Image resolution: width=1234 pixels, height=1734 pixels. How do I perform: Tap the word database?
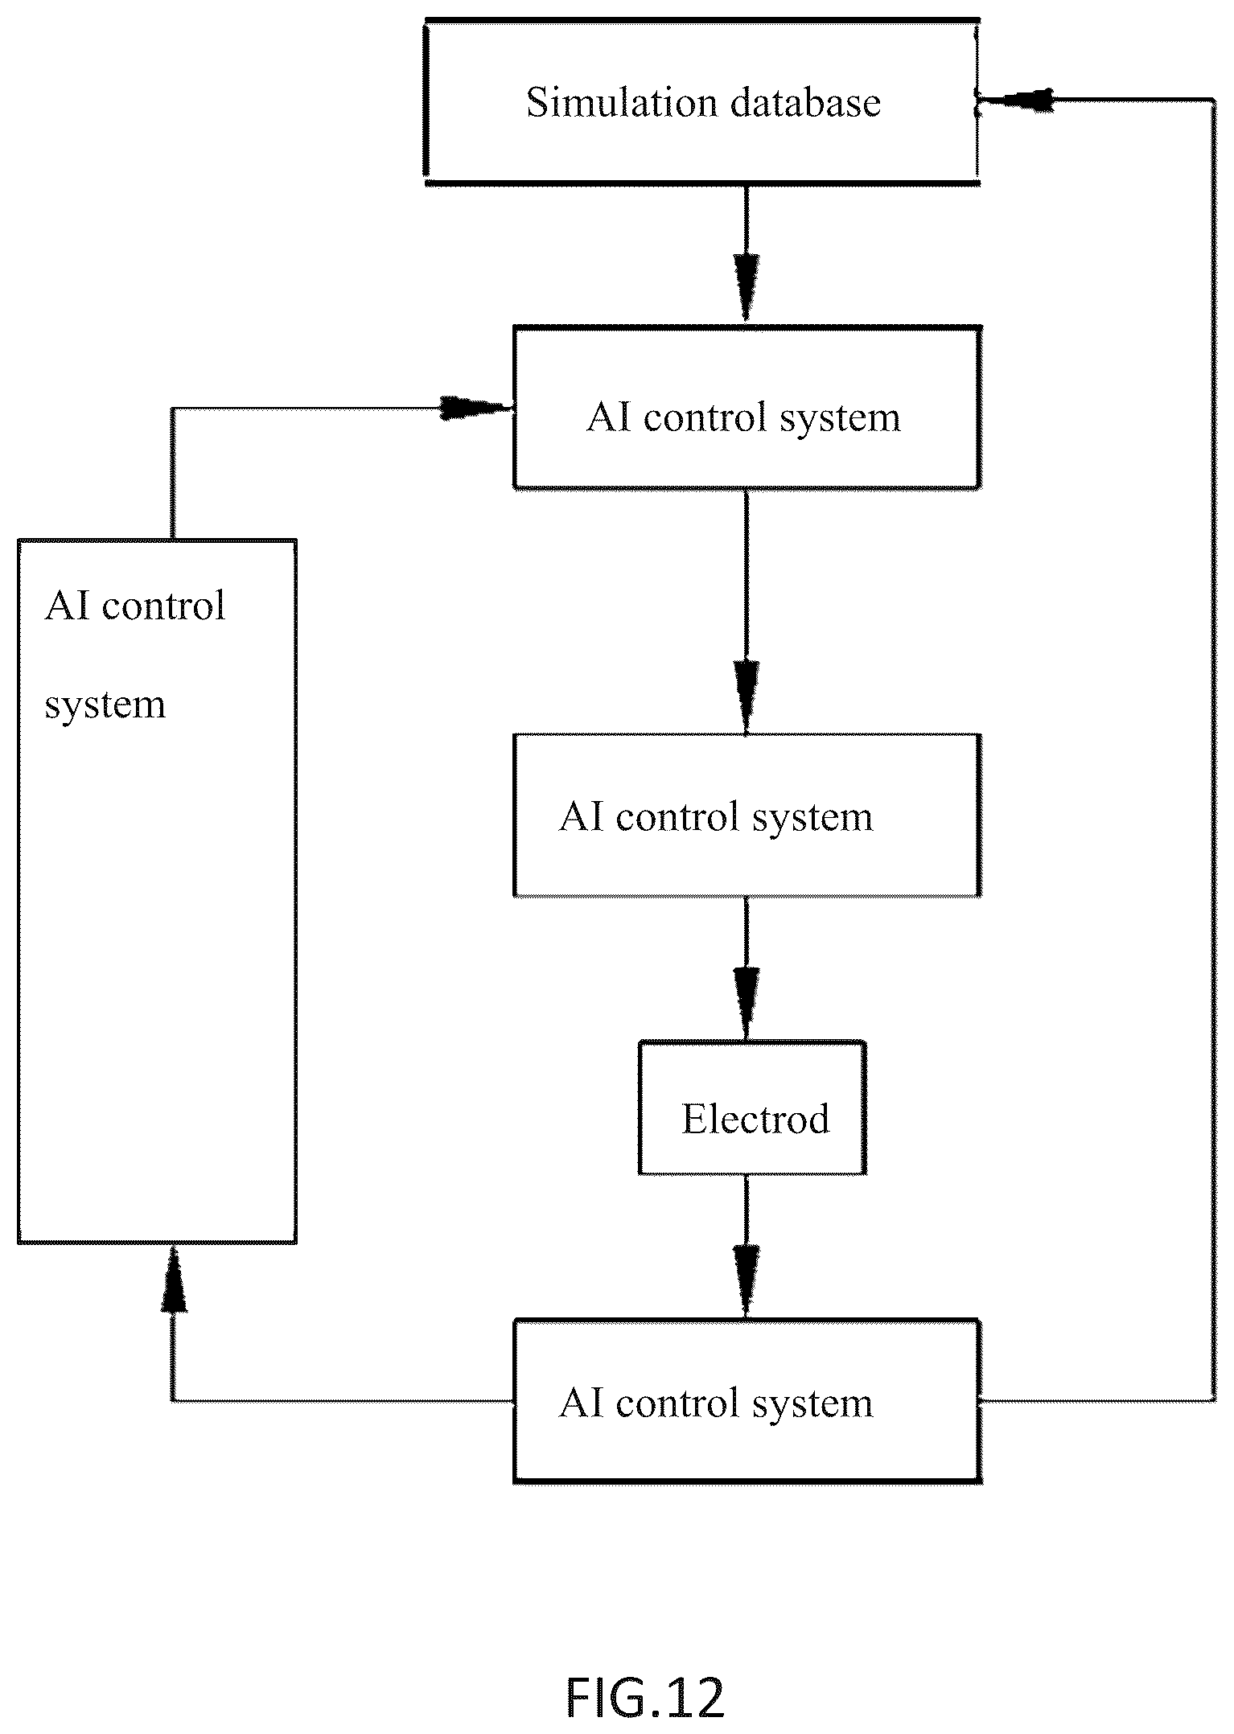click(806, 103)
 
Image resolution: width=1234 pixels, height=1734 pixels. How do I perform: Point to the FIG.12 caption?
click(645, 1698)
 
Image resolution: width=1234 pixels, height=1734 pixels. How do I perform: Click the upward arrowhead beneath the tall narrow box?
click(174, 1279)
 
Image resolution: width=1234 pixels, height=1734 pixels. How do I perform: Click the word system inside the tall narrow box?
click(105, 705)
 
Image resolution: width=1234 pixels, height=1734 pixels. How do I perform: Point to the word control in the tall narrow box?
click(164, 606)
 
